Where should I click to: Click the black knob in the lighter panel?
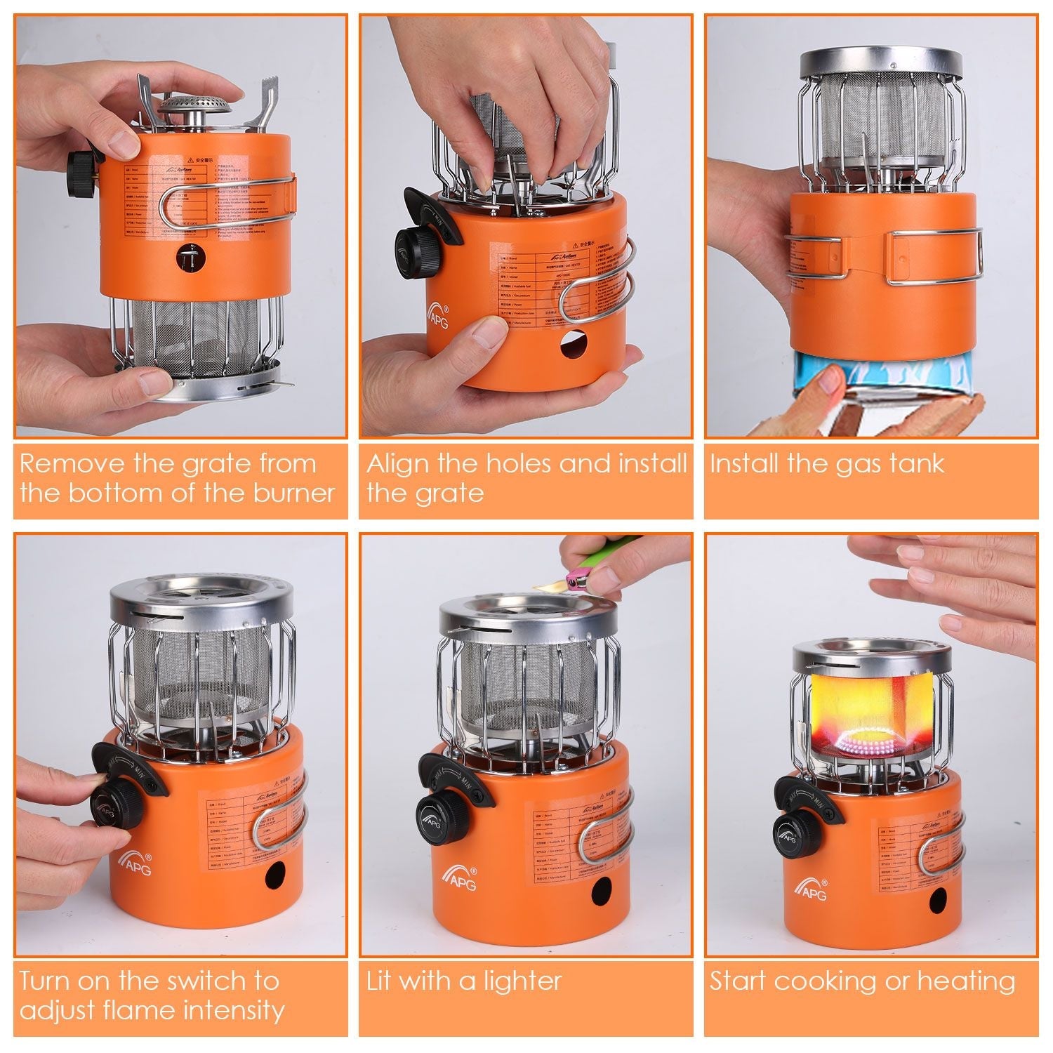click(x=436, y=819)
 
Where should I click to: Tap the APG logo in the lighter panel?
click(x=459, y=877)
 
